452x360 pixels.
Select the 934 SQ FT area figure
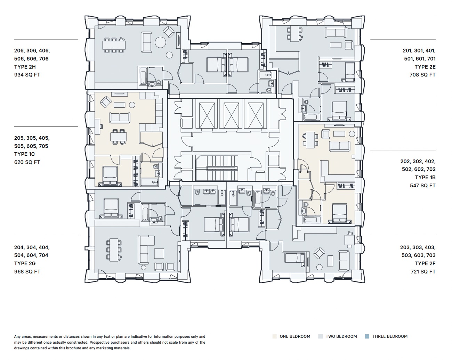pos(27,75)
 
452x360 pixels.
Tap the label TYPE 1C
pos(24,154)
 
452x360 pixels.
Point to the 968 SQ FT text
pos(27,271)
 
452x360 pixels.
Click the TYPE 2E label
pos(425,67)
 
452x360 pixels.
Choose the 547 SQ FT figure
pos(423,186)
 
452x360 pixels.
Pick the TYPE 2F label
pos(425,263)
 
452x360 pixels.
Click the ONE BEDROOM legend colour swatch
pos(275,336)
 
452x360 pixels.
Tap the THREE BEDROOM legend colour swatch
pos(367,336)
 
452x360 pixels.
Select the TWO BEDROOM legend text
pos(341,336)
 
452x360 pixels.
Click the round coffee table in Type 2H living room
pos(160,42)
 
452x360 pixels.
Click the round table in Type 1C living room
pos(132,105)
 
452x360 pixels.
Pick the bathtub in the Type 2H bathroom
pos(143,76)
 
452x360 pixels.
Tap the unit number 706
pos(44,59)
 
